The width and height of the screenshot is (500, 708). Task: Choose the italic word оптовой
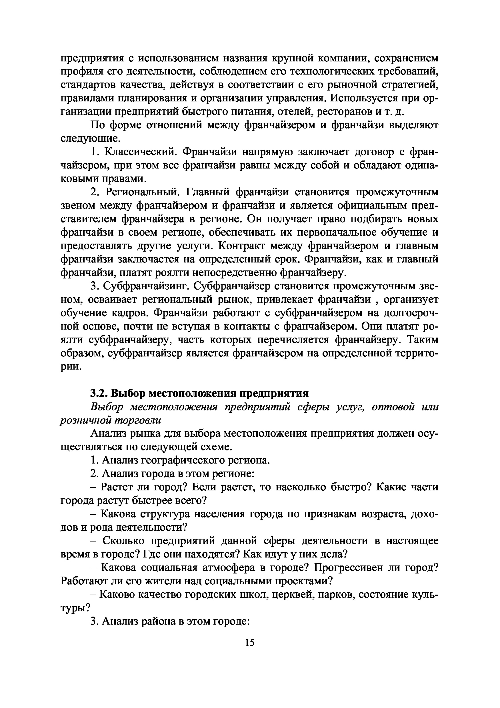392,407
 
